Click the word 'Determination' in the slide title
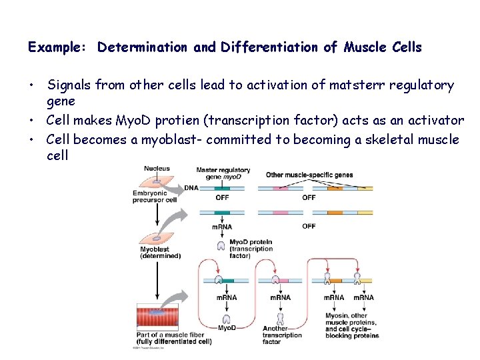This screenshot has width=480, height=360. (143, 47)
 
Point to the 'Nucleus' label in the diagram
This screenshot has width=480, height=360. (157, 169)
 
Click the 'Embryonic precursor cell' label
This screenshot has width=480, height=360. (154, 197)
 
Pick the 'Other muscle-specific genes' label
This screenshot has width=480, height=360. (309, 175)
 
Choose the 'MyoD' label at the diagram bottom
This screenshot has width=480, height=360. (227, 328)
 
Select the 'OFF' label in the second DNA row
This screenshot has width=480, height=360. (309, 226)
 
